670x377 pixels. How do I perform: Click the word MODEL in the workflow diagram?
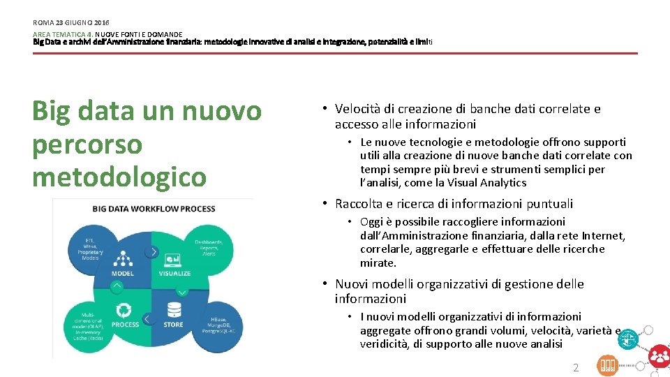click(x=123, y=274)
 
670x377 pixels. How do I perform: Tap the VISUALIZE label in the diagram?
click(x=174, y=274)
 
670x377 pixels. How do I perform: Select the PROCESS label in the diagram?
click(x=125, y=325)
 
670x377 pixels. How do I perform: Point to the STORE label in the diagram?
click(x=173, y=325)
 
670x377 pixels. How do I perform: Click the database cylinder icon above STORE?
click(x=173, y=309)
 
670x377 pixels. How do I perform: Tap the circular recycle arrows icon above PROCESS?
click(x=124, y=310)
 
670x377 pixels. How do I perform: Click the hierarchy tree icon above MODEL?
click(x=124, y=260)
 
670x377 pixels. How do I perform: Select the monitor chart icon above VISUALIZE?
click(x=172, y=260)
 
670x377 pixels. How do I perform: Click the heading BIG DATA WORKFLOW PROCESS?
click(x=154, y=209)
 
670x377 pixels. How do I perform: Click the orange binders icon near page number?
click(x=607, y=365)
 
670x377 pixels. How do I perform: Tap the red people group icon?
click(x=659, y=357)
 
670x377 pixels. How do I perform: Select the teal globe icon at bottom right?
click(x=630, y=339)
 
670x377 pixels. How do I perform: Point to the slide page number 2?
click(x=576, y=367)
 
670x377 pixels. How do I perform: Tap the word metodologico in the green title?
click(x=119, y=177)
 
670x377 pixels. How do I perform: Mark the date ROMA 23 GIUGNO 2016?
click(x=71, y=23)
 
